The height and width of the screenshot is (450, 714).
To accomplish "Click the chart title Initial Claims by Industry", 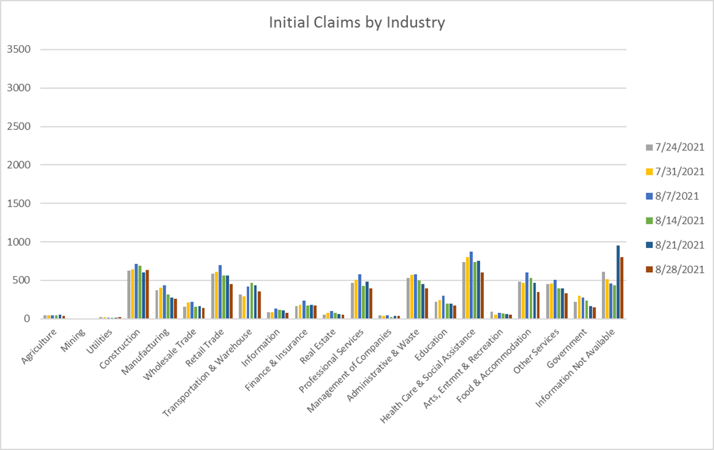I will click(356, 23).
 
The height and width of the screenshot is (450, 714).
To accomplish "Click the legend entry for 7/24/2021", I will click(675, 147).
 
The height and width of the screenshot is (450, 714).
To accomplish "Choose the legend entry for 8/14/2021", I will click(675, 221).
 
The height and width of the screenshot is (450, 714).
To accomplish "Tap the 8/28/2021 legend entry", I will click(675, 269).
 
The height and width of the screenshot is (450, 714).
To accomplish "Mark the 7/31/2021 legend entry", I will click(675, 171).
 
